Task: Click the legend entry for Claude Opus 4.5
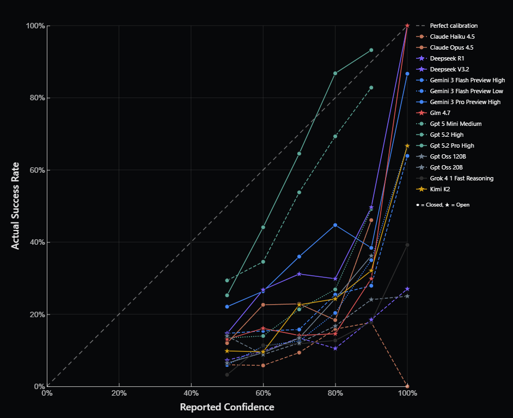pos(451,47)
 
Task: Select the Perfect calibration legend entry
pos(453,26)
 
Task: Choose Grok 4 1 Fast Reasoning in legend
pos(462,178)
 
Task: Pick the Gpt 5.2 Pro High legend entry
pos(452,146)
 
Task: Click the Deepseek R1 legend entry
pos(447,58)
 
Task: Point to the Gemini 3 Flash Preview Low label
pos(466,91)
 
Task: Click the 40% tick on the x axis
pos(191,393)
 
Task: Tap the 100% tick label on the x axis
pos(407,393)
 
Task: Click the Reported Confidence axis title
pos(227,407)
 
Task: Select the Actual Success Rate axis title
pos(15,205)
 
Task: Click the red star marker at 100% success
pos(407,26)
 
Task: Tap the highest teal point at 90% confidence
pos(371,50)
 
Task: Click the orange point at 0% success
pos(407,386)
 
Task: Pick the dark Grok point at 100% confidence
pos(407,245)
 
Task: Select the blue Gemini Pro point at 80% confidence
pos(335,225)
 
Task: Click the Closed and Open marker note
pos(442,205)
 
